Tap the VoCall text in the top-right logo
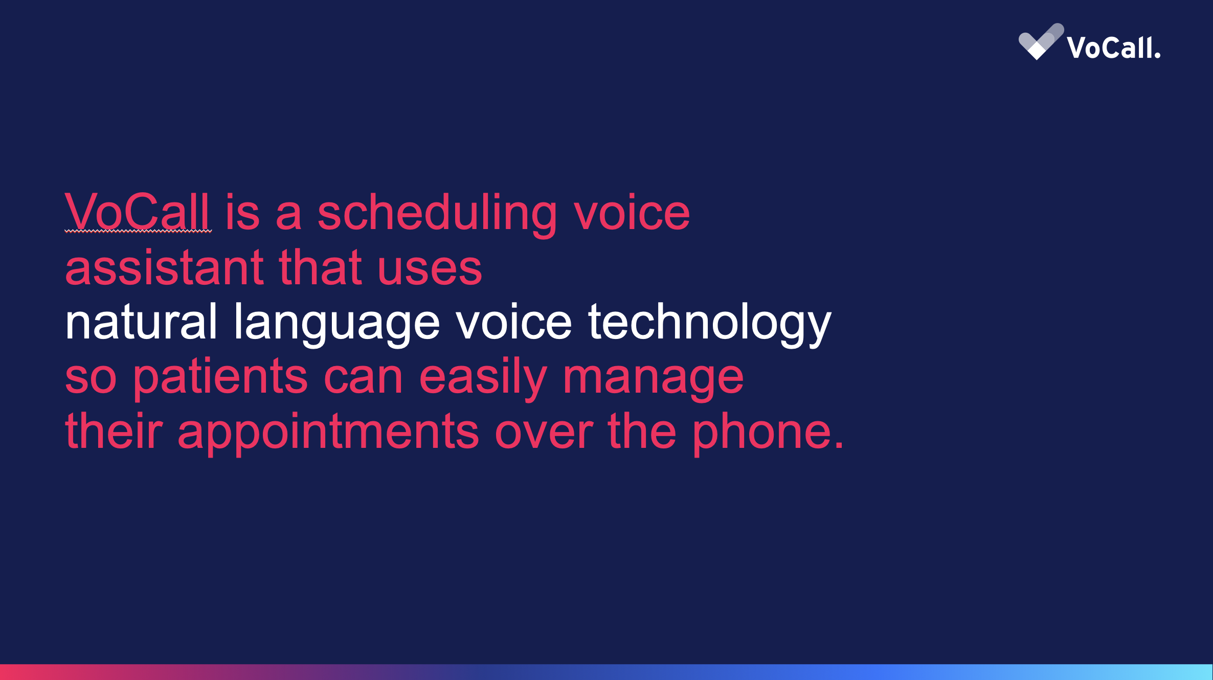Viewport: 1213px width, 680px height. pos(1114,48)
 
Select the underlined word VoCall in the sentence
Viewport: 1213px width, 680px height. pos(138,212)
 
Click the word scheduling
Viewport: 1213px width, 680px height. pos(437,214)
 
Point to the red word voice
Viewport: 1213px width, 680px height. pos(632,212)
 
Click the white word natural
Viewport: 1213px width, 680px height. pos(141,322)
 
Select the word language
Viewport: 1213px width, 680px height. pos(336,325)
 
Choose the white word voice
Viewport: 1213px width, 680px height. pos(513,322)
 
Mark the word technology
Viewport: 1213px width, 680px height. pos(709,325)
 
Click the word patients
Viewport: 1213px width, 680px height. pos(220,379)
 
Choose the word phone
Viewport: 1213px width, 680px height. pos(762,433)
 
